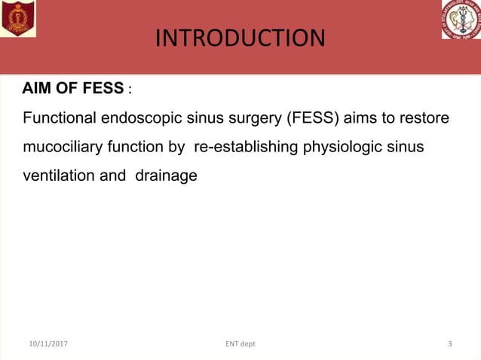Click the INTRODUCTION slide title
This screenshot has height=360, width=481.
click(240, 38)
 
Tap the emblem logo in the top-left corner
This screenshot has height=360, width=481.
click(18, 19)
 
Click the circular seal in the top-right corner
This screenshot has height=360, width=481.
click(461, 20)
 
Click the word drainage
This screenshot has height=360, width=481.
click(166, 175)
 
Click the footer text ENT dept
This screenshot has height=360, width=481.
click(240, 344)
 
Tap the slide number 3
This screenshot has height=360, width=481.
click(450, 344)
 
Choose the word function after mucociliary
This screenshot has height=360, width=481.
click(138, 148)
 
